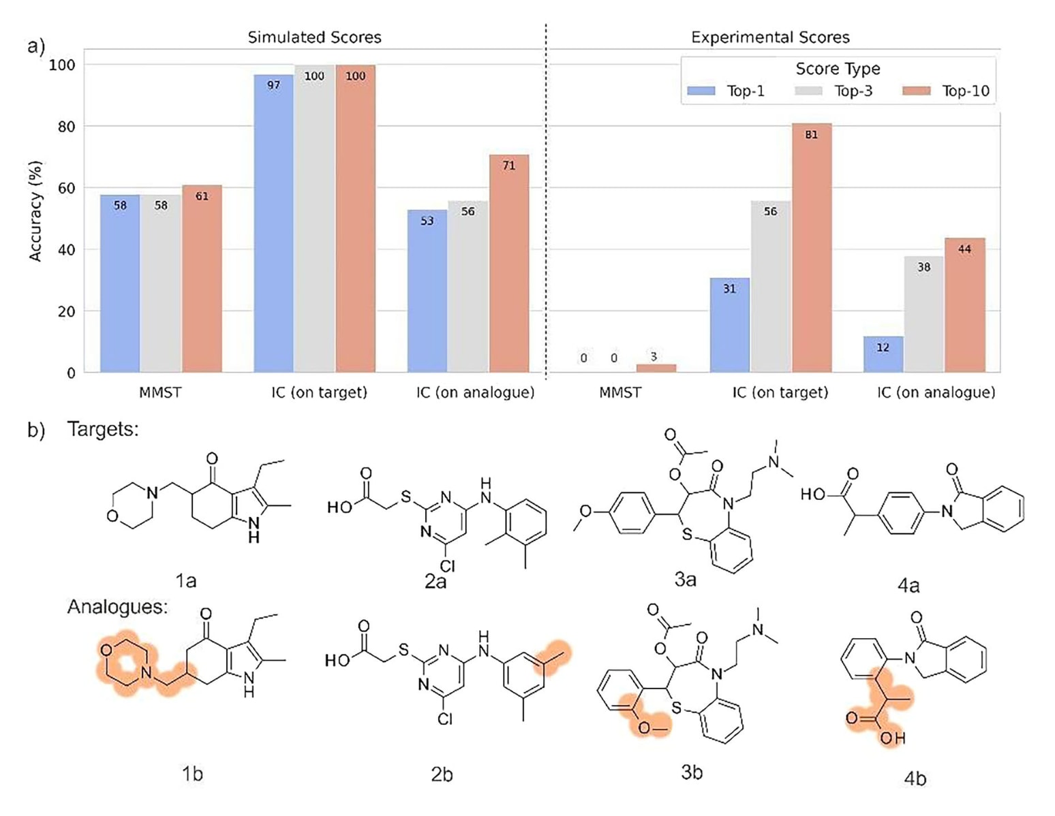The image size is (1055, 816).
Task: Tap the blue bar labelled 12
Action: coord(883,354)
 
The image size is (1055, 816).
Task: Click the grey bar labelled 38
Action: coord(923,314)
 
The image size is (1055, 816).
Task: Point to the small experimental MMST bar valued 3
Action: coord(656,368)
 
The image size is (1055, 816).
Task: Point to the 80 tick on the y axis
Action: coord(66,127)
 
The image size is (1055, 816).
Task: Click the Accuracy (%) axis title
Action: coord(35,211)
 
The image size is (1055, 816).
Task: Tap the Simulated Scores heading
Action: coord(314,37)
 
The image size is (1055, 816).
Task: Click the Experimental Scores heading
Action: coord(770,37)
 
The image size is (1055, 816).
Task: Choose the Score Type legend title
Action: coord(838,69)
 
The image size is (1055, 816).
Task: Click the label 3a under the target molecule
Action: coord(685,580)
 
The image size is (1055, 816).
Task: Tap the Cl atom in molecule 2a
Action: coord(447,566)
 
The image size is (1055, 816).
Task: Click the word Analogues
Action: coord(117,606)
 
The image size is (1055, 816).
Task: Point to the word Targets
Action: coord(103,429)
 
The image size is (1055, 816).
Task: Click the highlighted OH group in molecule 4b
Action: coord(891,738)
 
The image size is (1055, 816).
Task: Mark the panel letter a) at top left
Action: coord(35,46)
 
